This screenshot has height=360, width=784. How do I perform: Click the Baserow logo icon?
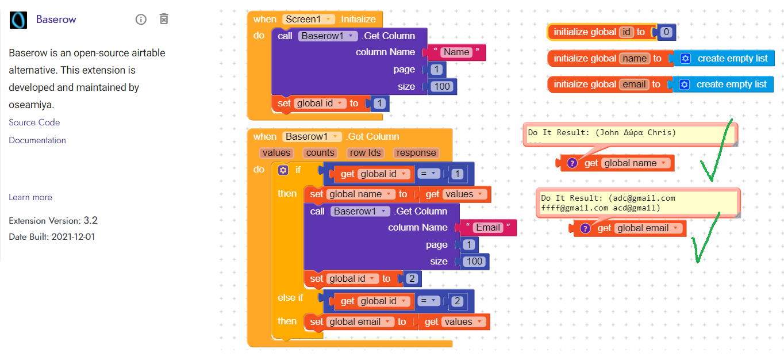pos(18,20)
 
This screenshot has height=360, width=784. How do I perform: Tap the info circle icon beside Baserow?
pos(141,19)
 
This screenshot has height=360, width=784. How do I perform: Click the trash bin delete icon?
pos(164,19)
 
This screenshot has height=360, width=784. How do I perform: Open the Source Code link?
pos(34,122)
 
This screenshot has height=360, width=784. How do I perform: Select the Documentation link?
pos(37,140)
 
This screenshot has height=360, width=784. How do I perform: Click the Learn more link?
pos(30,197)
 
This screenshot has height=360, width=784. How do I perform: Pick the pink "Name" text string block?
pos(456,52)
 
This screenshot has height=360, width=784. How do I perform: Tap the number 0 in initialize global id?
pos(666,32)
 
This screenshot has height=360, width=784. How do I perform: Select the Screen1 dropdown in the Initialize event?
pos(308,19)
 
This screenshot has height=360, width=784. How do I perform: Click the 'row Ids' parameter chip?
pos(365,153)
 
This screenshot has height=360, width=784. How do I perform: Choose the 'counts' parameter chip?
pos(320,153)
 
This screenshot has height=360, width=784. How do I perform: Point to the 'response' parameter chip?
pos(416,153)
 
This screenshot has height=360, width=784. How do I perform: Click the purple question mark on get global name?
pos(572,163)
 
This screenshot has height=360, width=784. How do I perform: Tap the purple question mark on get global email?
pos(585,228)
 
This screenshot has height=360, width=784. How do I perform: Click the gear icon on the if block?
pos(283,170)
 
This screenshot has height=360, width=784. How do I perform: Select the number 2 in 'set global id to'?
pos(412,279)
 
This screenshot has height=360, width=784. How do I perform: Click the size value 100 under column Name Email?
pos(474,261)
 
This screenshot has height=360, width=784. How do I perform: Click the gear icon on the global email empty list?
pos(684,85)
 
